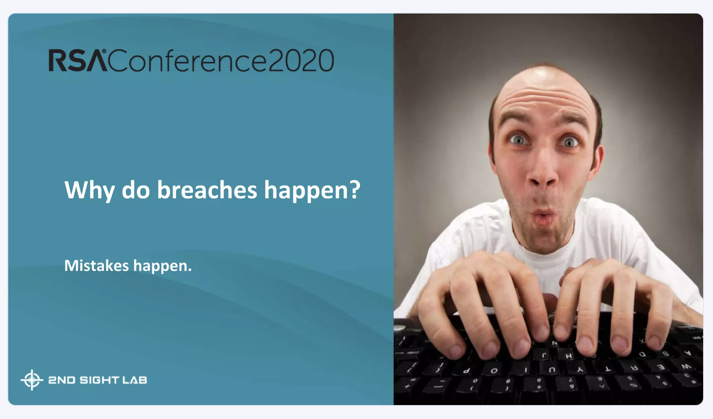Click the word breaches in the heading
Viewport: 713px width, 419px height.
tap(207, 190)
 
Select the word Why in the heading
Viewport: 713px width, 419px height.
tap(89, 191)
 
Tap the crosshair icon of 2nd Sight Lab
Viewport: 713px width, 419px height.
tap(32, 380)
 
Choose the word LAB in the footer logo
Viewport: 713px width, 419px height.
tap(135, 380)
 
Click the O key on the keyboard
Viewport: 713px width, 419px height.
tap(494, 370)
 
